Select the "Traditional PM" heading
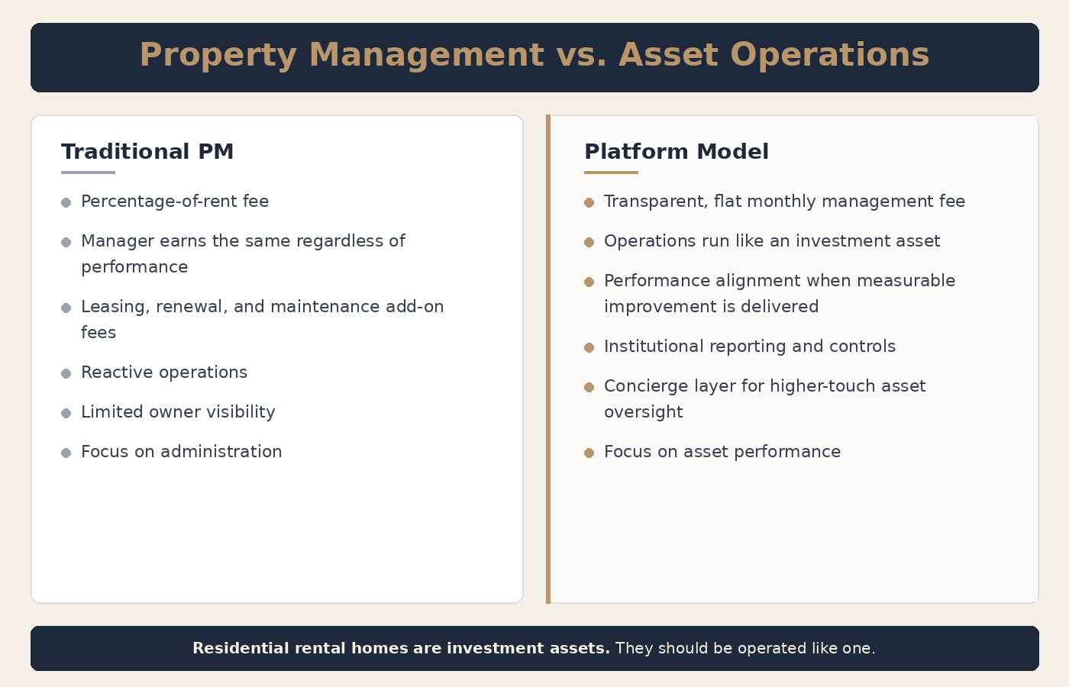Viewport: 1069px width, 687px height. tap(147, 152)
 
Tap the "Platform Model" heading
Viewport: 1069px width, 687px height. tap(676, 152)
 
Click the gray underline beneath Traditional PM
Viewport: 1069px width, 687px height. tap(88, 173)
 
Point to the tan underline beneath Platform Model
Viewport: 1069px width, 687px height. tap(611, 173)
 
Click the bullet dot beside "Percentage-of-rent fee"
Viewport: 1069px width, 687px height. tap(66, 202)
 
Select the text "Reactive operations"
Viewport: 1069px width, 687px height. tap(164, 373)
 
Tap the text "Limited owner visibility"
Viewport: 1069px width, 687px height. tap(178, 412)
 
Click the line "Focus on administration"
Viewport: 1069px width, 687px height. tap(181, 452)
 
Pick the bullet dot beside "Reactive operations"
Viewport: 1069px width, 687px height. tap(66, 373)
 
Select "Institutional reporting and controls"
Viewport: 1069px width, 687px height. tap(749, 347)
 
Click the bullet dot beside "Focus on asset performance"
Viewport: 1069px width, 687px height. tap(589, 453)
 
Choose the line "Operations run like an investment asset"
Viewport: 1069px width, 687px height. tap(772, 241)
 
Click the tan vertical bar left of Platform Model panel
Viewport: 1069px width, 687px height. tap(548, 359)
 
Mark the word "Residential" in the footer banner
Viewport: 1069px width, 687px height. tap(238, 648)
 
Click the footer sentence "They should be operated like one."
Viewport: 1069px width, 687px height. tap(744, 648)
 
